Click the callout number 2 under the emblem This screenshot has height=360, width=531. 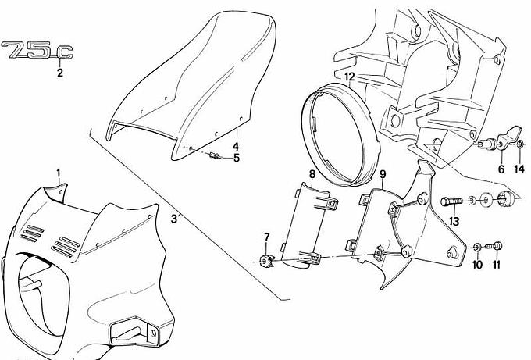pos(60,73)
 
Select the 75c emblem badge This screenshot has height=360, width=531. pos(37,50)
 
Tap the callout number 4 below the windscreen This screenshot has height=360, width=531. pos(236,147)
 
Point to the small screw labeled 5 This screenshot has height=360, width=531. pos(216,156)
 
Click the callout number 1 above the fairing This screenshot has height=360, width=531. pos(59,173)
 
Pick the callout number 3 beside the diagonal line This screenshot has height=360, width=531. pos(173,219)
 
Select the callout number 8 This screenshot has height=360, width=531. pos(312,174)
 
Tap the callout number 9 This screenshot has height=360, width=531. pos(383,174)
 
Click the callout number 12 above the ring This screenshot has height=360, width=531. pos(350,77)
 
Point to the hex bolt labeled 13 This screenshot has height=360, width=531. pos(451,201)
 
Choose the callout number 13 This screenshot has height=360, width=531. pos(454,222)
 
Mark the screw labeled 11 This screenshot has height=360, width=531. pos(495,246)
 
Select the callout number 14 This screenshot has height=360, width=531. pos(519,169)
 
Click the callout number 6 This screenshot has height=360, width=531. pos(501,169)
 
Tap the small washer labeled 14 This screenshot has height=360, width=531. pos(520,144)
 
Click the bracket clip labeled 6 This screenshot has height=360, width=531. pos(509,137)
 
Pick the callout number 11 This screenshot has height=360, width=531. pos(497,265)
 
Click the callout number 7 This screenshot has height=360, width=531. pos(267,237)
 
